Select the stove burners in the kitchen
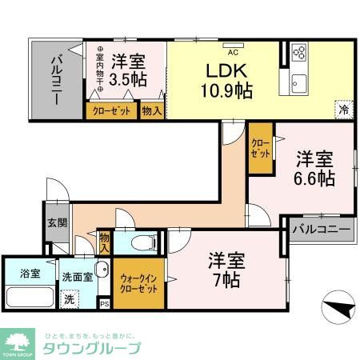tap(299, 53)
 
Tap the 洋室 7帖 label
tap(226, 270)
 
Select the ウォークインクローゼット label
tap(138, 283)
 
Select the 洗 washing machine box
tap(70, 299)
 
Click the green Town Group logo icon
tap(18, 339)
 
